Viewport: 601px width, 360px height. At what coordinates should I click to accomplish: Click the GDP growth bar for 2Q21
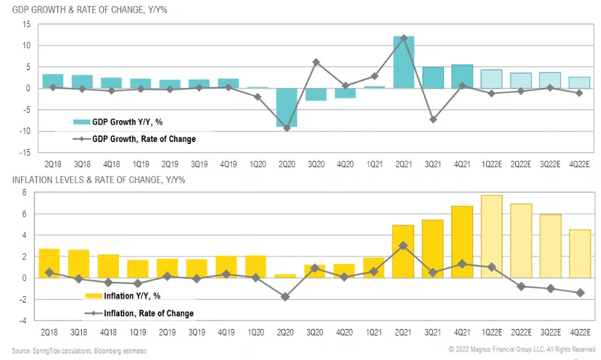[x=404, y=62]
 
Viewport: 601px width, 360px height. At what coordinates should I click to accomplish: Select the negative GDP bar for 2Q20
[x=287, y=107]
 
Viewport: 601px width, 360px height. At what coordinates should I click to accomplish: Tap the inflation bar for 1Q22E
[x=491, y=236]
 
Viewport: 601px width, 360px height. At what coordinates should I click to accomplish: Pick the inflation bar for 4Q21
[x=462, y=242]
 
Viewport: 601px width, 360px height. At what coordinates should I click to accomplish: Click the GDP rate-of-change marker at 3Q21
[x=433, y=120]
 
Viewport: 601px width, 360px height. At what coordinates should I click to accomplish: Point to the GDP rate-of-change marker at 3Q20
[x=316, y=62]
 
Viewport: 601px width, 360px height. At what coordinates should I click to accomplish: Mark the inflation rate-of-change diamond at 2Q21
[x=404, y=245]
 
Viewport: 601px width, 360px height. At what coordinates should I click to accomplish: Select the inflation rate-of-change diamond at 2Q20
[x=285, y=297]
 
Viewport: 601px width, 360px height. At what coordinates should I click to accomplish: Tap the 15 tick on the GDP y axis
[x=27, y=24]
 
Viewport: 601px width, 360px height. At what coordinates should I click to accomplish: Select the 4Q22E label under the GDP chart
[x=579, y=163]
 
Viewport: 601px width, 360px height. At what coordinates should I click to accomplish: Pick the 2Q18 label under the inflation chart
[x=52, y=332]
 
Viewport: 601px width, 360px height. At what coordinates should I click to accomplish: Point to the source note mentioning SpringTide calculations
[x=79, y=350]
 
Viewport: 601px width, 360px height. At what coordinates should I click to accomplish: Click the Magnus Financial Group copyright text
[x=522, y=349]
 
